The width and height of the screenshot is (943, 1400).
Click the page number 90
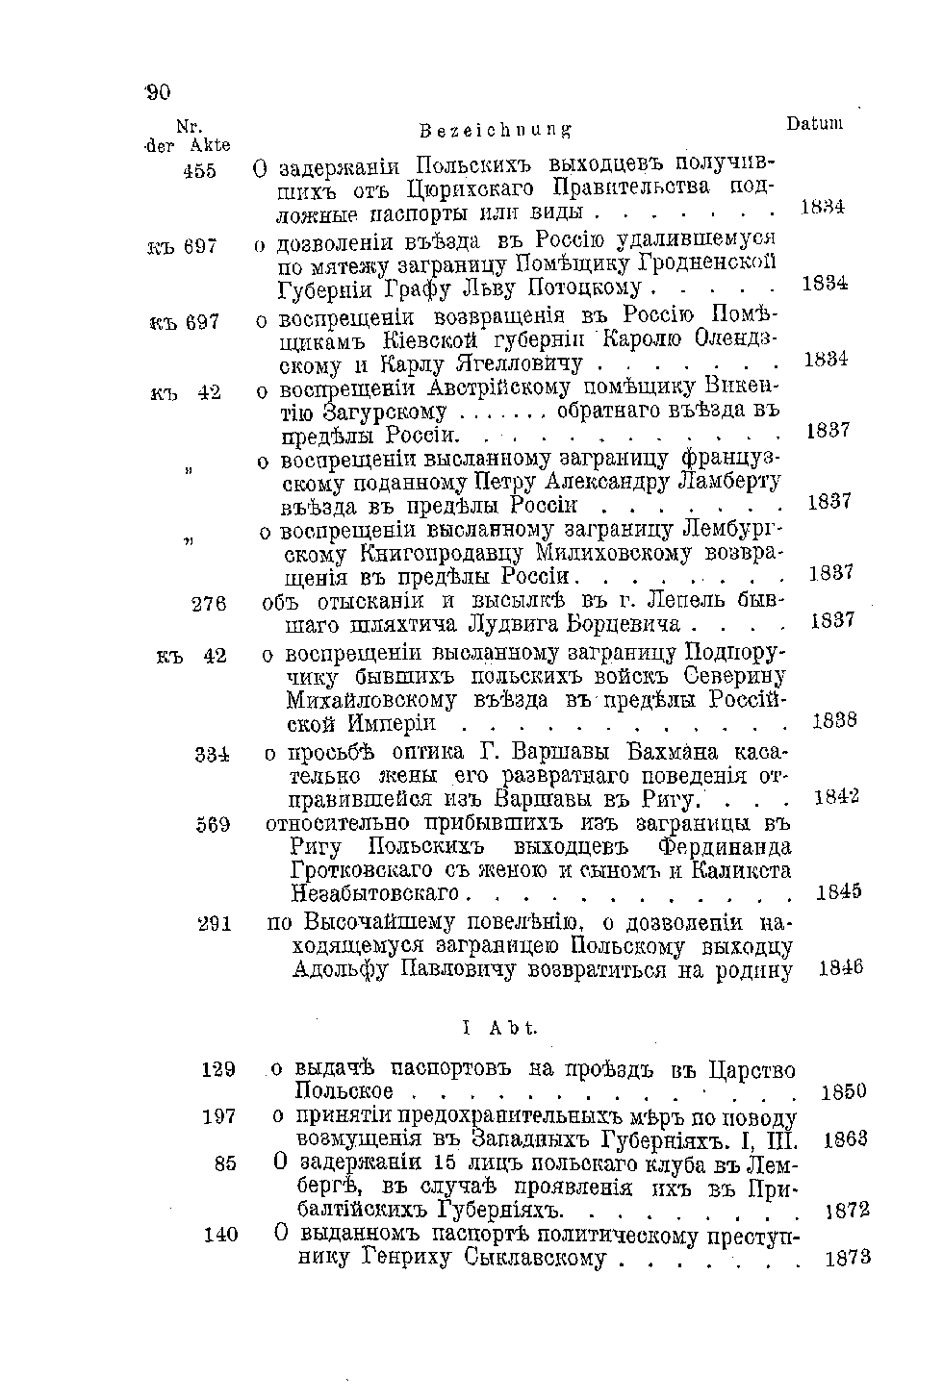[x=158, y=92]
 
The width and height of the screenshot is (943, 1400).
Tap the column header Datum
[x=814, y=123]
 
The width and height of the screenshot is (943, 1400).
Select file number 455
[x=199, y=170]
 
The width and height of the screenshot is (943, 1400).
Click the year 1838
[x=834, y=720]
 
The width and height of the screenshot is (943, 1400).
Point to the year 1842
[x=836, y=797]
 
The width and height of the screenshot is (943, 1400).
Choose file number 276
[x=209, y=604]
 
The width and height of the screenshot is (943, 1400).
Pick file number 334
[x=211, y=754]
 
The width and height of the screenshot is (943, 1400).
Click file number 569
[x=213, y=824]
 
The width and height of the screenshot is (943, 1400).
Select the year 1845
[x=838, y=892]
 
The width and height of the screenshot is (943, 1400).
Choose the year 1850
[x=845, y=1091]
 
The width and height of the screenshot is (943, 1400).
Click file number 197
[x=219, y=1116]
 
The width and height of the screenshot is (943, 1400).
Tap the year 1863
[x=847, y=1139]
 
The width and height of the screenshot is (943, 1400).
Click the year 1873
[x=849, y=1257]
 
